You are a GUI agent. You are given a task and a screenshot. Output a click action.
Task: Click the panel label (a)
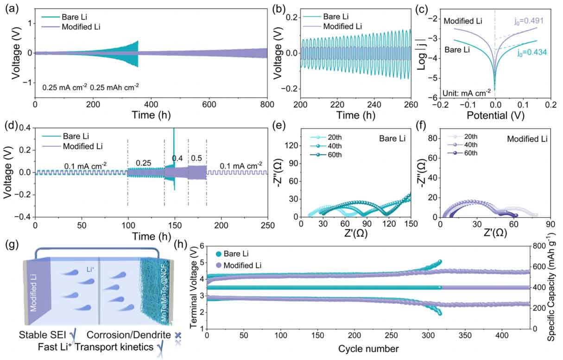(8, 8)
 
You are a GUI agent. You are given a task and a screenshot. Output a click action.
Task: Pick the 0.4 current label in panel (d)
(177, 158)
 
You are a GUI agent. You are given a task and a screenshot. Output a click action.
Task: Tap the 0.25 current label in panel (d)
(145, 163)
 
